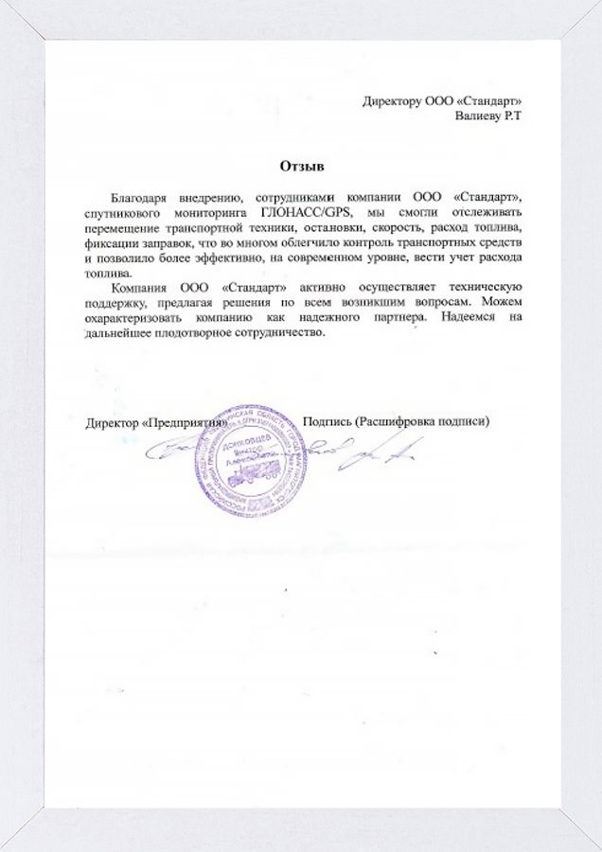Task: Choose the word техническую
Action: pos(471,287)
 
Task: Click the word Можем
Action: pos(503,302)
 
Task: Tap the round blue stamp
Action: pos(252,471)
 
